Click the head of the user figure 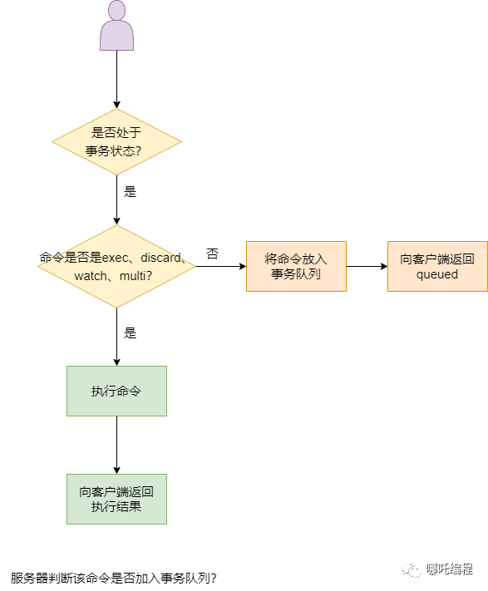(x=116, y=11)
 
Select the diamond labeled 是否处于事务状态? (x=116, y=141)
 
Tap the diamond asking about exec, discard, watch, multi (x=116, y=266)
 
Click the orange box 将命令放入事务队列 (x=296, y=266)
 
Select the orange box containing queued (x=437, y=266)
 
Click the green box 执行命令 (x=116, y=391)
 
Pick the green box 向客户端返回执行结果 (x=116, y=499)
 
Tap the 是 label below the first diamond (x=130, y=191)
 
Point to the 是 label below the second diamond (x=130, y=332)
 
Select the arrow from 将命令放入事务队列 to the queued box (x=367, y=266)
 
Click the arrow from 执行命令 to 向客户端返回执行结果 (x=116, y=445)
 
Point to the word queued (x=437, y=274)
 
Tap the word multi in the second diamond (x=132, y=275)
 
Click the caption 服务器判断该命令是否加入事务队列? (x=113, y=577)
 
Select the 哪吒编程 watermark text (x=450, y=569)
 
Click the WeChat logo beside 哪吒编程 (x=412, y=569)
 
